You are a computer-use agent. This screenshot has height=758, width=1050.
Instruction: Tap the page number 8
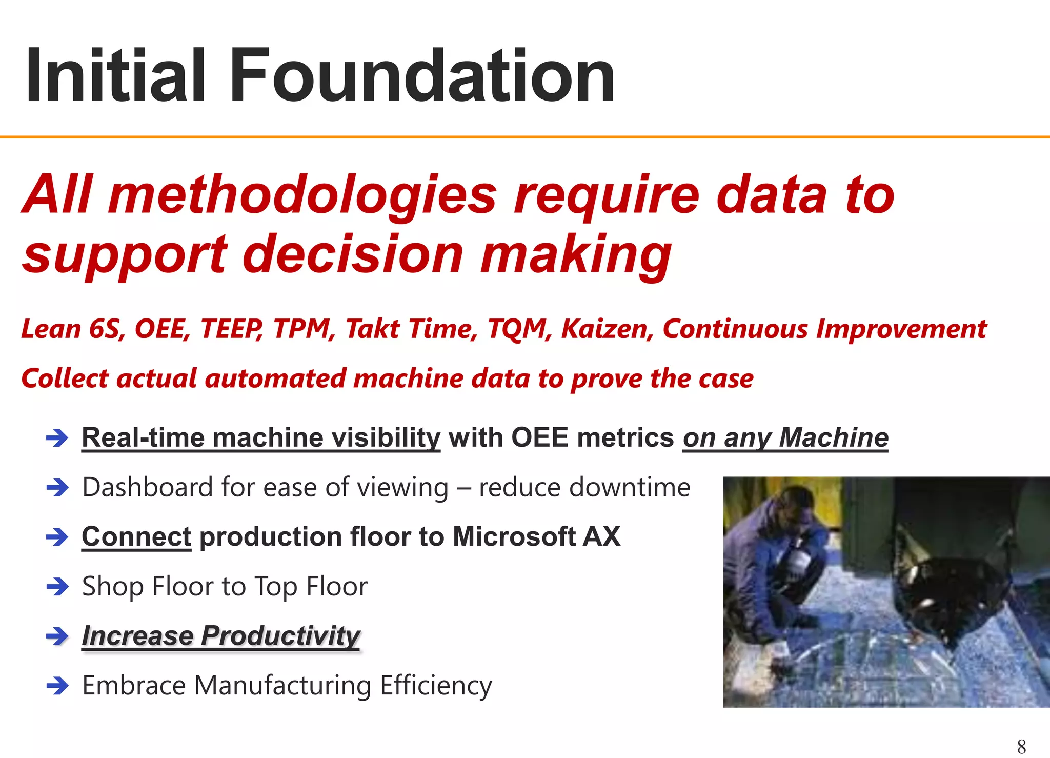(x=1021, y=746)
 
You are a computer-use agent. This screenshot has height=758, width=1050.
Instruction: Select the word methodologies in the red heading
(x=302, y=195)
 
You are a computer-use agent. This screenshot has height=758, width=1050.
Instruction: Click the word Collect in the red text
(x=65, y=378)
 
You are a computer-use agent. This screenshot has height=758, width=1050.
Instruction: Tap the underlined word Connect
(x=136, y=537)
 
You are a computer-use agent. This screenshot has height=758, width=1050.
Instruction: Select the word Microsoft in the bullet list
(x=514, y=537)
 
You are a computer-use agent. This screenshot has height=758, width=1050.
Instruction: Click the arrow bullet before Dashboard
(x=57, y=488)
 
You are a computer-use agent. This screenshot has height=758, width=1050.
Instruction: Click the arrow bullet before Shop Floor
(x=57, y=587)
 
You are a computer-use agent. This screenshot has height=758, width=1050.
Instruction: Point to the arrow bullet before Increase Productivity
(x=57, y=636)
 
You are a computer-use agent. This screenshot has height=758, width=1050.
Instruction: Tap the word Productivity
(x=280, y=636)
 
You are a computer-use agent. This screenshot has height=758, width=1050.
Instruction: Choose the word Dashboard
(x=148, y=487)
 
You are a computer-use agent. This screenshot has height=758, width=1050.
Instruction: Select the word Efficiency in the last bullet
(x=436, y=686)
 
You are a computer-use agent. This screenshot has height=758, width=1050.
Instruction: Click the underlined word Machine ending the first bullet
(x=834, y=438)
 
